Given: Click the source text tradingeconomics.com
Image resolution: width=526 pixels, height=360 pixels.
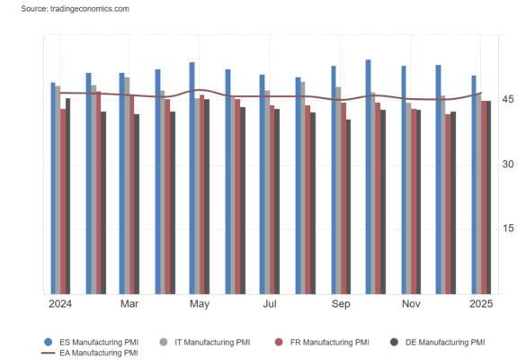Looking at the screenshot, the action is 90,9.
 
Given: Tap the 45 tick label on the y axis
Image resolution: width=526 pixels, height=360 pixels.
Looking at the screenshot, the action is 508,99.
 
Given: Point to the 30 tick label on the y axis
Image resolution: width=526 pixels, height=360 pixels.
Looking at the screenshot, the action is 508,164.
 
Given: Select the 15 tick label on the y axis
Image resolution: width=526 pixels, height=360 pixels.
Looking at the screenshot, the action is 508,229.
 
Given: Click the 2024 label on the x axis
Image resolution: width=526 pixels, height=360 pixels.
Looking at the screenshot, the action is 60,304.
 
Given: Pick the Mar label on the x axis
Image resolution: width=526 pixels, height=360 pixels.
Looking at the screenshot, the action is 129,304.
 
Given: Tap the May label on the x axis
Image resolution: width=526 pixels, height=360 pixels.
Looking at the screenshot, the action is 200,304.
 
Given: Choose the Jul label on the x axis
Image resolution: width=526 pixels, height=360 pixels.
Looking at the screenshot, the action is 270,304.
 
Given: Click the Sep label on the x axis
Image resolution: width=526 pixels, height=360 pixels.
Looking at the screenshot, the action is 341,304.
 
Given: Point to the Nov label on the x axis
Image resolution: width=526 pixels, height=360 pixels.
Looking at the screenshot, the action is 411,304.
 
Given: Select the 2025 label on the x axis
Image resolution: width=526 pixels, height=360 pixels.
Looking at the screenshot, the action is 481,304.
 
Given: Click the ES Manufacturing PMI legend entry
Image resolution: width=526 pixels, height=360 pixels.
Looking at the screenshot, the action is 91,342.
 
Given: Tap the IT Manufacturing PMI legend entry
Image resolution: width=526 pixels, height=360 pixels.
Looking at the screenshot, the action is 205,342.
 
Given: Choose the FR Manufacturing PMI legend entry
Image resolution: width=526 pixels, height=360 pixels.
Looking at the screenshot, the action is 322,342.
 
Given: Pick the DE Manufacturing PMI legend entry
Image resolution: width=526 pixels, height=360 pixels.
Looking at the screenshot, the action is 438,342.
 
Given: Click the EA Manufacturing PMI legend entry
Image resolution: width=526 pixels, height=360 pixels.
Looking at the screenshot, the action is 90,353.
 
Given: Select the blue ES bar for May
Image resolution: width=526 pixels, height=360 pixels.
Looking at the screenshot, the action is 192,178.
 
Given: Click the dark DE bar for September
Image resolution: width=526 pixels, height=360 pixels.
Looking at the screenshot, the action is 348,207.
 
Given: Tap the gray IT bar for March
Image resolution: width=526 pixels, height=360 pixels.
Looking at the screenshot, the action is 127,185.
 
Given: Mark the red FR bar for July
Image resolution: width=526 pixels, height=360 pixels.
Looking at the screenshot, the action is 272,200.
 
